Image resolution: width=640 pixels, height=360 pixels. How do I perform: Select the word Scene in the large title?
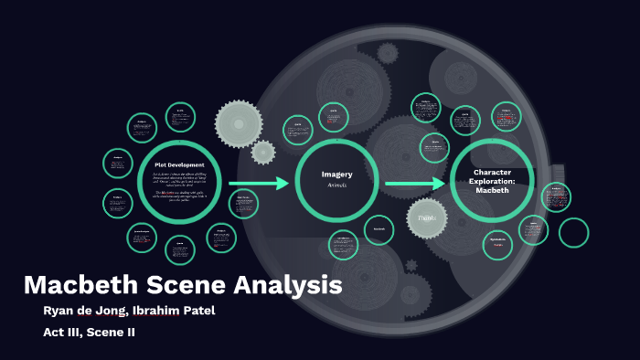click(x=178, y=284)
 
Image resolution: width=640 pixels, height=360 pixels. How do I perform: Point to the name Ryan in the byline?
click(x=60, y=311)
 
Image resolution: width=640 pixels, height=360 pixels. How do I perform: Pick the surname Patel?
click(x=197, y=311)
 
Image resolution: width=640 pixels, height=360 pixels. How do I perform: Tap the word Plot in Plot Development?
click(x=160, y=164)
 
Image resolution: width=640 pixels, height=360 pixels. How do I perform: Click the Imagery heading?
click(x=336, y=174)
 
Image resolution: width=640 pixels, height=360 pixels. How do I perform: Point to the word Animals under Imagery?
click(x=336, y=185)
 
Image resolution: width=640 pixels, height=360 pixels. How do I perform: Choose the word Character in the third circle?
click(x=493, y=172)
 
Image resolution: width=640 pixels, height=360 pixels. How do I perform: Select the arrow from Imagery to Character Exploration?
click(x=415, y=184)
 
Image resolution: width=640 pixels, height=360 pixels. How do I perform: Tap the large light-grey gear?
click(x=239, y=121)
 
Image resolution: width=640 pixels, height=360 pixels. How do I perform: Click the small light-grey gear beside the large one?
click(x=263, y=152)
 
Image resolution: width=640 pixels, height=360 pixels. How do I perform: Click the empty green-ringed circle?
click(x=574, y=232)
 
